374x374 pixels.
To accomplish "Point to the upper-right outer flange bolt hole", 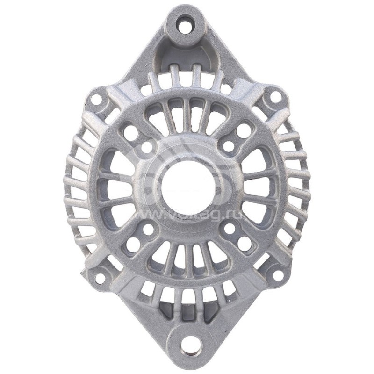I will coord(276,97).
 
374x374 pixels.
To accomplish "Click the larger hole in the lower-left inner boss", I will coord(133,242).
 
